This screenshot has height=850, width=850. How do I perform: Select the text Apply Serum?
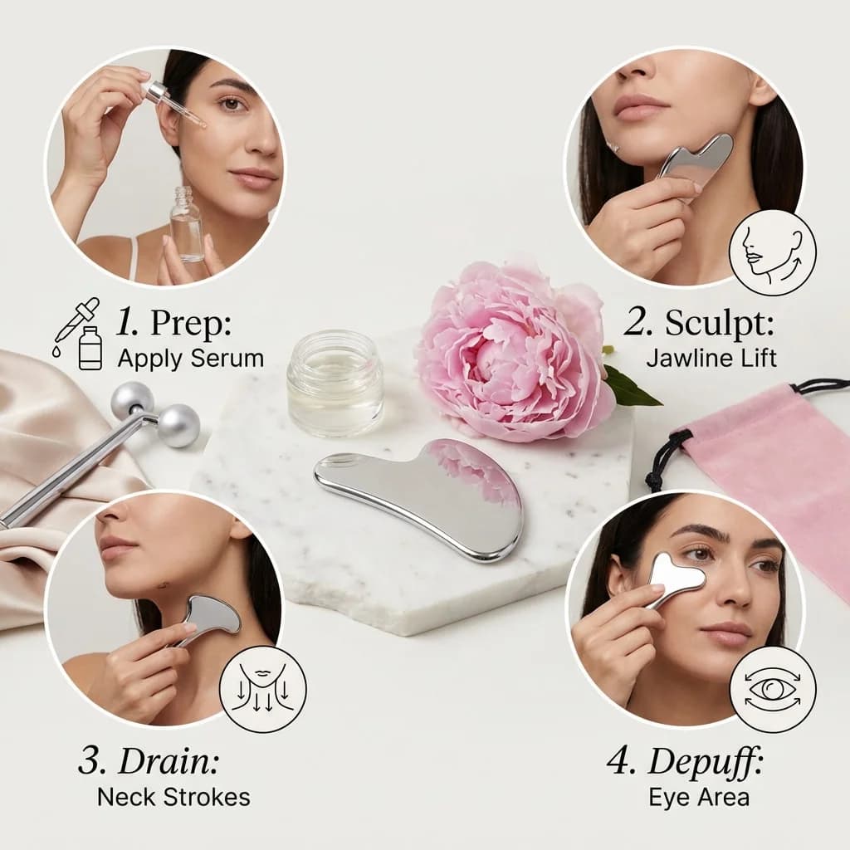pyautogui.click(x=190, y=359)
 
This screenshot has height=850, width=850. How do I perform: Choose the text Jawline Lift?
pyautogui.click(x=711, y=359)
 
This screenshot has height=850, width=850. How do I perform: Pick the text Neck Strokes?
pyautogui.click(x=173, y=797)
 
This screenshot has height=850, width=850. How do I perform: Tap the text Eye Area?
pyautogui.click(x=699, y=797)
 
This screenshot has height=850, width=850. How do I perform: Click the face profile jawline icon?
pyautogui.click(x=772, y=252)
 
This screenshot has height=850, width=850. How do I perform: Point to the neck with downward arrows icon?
pyautogui.click(x=263, y=689)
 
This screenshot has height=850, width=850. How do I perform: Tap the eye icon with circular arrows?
pyautogui.click(x=772, y=689)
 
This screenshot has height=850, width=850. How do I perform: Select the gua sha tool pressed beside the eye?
pyautogui.click(x=674, y=577)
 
